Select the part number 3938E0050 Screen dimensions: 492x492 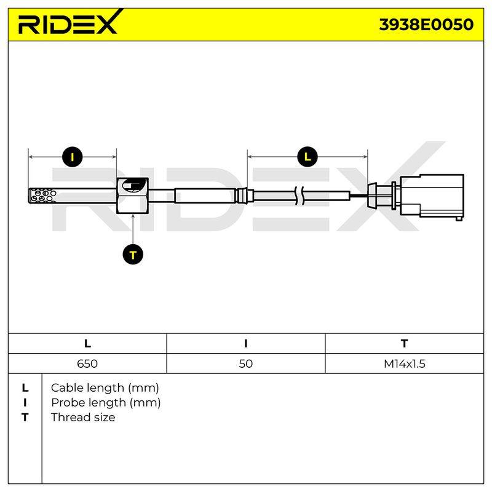tap(426, 25)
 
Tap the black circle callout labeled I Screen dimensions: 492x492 tap(73, 157)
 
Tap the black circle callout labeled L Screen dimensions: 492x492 tap(307, 157)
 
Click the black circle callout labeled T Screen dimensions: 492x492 tap(133, 255)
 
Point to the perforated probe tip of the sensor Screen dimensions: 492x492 tap(42, 196)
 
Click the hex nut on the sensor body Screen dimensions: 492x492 tap(132, 196)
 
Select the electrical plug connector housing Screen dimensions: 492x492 tap(432, 196)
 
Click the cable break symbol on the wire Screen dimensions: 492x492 tap(299, 196)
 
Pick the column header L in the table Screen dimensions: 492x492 tap(87, 344)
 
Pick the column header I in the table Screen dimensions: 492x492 tap(245, 344)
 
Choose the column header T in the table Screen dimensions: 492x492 tap(404, 344)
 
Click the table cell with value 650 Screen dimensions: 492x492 tap(87, 363)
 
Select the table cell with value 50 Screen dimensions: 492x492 tap(245, 363)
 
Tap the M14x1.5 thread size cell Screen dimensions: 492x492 tap(405, 363)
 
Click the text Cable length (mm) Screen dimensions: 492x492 tap(105, 388)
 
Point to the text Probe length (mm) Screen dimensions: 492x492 tap(106, 403)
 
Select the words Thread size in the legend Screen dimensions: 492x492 tap(83, 418)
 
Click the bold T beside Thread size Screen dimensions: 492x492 tap(25, 418)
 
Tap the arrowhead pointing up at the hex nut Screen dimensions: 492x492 tap(133, 216)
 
